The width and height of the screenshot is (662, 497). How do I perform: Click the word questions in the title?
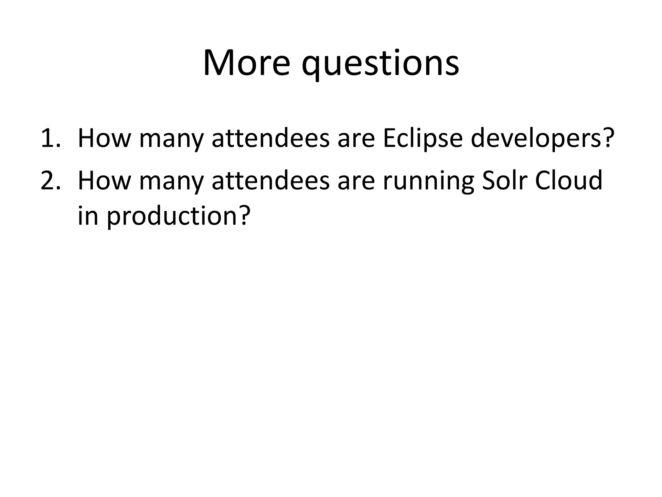pyautogui.click(x=380, y=65)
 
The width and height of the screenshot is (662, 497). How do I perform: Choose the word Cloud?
pyautogui.click(x=569, y=181)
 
